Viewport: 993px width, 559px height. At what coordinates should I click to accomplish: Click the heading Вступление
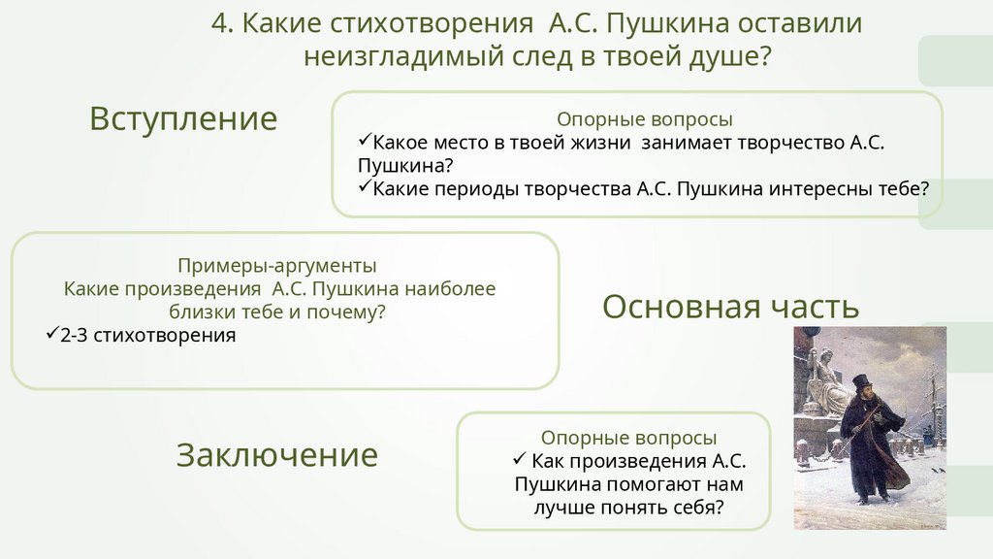tap(183, 118)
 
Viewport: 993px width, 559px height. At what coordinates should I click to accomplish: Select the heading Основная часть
tap(730, 307)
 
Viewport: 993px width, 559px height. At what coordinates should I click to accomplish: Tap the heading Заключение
tap(276, 454)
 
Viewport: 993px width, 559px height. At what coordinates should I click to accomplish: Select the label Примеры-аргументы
tap(277, 264)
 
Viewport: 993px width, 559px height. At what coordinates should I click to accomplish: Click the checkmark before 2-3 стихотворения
tap(52, 335)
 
